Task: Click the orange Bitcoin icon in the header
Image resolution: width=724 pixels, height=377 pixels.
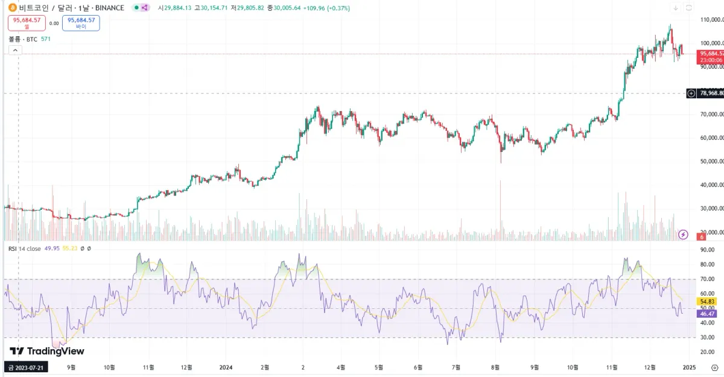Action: (12, 8)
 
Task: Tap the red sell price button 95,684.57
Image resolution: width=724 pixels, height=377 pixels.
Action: (27, 22)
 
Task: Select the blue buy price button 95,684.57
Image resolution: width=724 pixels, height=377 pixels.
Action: (81, 22)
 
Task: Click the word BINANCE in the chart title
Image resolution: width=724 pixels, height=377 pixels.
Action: (109, 8)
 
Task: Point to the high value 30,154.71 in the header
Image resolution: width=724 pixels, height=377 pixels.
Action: (215, 8)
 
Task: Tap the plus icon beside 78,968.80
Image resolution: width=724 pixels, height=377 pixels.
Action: (691, 93)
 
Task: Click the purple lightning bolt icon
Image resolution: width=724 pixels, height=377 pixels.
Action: (684, 234)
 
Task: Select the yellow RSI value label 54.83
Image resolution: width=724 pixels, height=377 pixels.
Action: (706, 301)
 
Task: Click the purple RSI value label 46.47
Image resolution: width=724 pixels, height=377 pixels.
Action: (706, 314)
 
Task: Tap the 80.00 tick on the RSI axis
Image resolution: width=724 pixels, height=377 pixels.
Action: (707, 264)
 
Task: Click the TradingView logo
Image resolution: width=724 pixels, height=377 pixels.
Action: (47, 351)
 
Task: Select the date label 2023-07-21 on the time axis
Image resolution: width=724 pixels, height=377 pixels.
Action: (26, 367)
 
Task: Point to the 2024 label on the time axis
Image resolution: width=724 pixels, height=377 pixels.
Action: (226, 367)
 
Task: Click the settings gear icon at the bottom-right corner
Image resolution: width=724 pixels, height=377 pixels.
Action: (714, 367)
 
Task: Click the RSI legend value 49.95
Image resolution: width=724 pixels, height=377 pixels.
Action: (52, 249)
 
